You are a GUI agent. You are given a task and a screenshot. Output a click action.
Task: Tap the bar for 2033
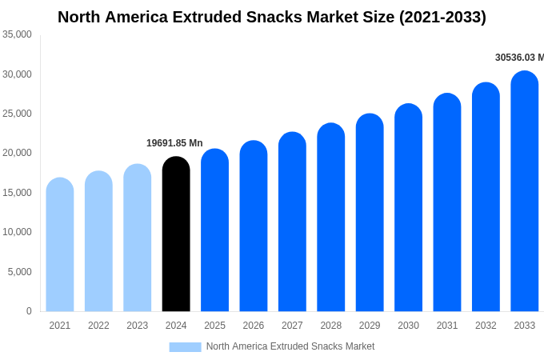[525, 191]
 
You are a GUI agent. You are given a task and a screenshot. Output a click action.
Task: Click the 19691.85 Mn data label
[174, 143]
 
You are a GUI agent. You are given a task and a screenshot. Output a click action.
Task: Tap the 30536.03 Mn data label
[519, 58]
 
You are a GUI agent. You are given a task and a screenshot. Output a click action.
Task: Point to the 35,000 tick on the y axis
[17, 34]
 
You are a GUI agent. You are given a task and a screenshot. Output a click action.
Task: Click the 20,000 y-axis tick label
[17, 153]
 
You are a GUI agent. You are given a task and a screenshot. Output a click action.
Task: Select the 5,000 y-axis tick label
[20, 272]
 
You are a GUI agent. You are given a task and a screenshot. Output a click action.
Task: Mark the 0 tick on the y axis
[29, 311]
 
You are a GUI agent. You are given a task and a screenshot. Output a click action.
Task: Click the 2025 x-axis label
[214, 326]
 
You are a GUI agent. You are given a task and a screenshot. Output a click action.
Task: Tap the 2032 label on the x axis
[486, 326]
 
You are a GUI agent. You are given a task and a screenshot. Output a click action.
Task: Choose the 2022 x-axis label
[98, 326]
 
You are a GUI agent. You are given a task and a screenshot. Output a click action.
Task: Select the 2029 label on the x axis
[370, 326]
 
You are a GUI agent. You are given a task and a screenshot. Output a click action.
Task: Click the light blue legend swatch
[185, 347]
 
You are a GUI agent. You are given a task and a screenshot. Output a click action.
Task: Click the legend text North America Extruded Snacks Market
[290, 346]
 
